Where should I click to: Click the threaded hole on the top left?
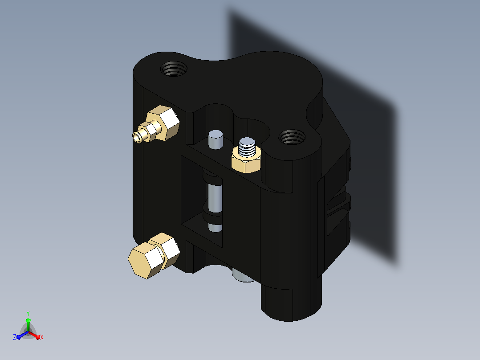[174, 69]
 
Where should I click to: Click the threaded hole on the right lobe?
[292, 137]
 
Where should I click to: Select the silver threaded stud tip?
[247, 147]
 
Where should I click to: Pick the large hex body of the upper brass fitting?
[163, 123]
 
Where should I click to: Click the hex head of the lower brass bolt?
[146, 260]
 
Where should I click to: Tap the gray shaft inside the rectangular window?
[215, 198]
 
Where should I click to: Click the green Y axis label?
[28, 314]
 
